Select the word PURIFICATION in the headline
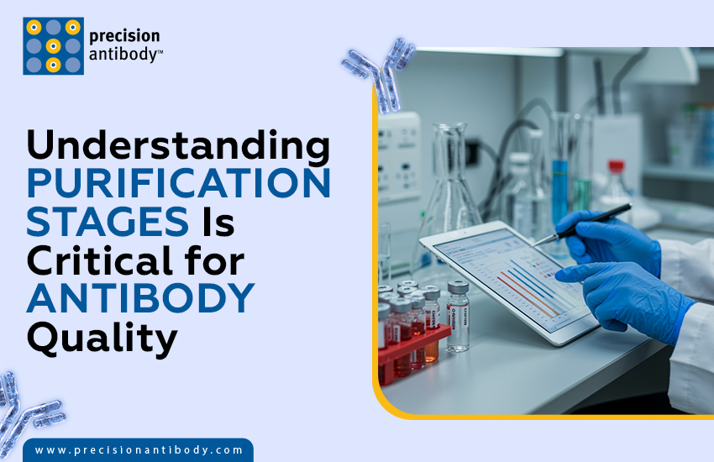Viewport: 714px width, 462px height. [x=178, y=184]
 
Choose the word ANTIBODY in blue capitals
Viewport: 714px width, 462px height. [x=140, y=299]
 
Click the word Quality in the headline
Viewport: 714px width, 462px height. [x=102, y=338]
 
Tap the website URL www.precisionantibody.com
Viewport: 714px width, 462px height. [x=139, y=450]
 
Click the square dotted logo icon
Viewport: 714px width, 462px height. [x=52, y=46]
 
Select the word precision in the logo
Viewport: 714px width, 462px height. [x=124, y=36]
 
